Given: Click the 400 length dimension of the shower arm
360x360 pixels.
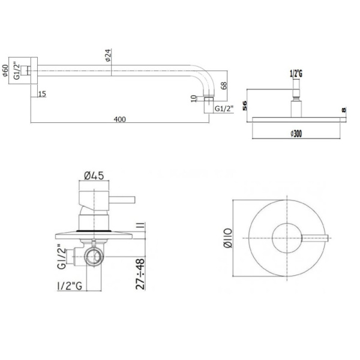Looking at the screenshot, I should [x=119, y=119].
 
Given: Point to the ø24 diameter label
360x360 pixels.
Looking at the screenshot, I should [x=107, y=57].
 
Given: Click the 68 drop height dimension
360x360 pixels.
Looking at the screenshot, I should [x=224, y=86].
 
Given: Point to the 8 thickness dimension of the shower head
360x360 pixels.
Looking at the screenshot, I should [x=343, y=112].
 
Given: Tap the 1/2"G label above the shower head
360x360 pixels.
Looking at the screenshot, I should [x=295, y=74].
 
